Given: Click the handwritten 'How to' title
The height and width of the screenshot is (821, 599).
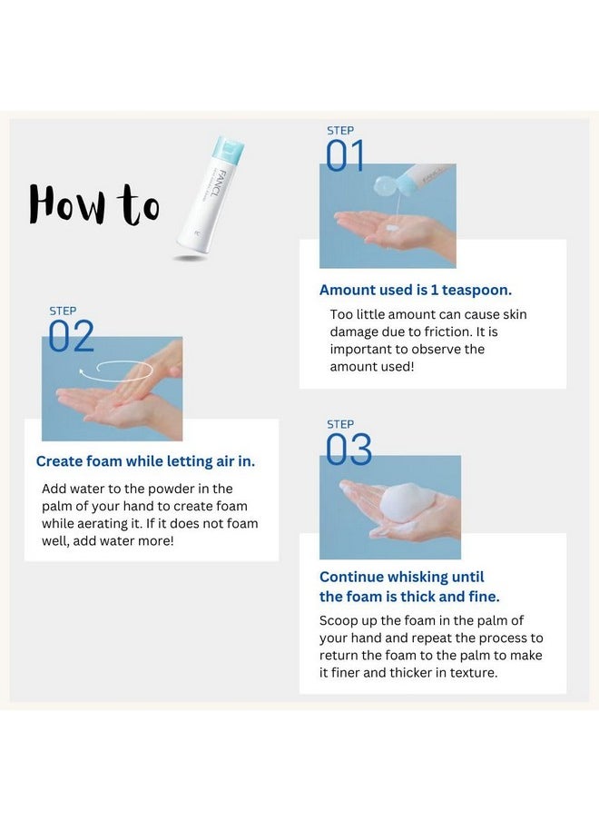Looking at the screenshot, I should [93, 204].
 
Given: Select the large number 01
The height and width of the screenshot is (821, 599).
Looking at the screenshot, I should [345, 156].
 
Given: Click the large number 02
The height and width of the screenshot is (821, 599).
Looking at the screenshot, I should [71, 337].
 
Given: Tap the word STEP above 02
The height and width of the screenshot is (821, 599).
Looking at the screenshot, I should [62, 311].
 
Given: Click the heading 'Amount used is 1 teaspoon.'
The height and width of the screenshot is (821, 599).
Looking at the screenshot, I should [415, 290].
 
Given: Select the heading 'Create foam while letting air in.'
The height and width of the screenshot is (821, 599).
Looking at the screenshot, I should [145, 461].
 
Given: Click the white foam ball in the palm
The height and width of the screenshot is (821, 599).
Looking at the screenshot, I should [399, 501].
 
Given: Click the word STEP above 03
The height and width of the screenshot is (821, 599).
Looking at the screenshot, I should [339, 424].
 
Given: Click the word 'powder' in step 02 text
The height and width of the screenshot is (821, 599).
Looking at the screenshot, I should [152, 489].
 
